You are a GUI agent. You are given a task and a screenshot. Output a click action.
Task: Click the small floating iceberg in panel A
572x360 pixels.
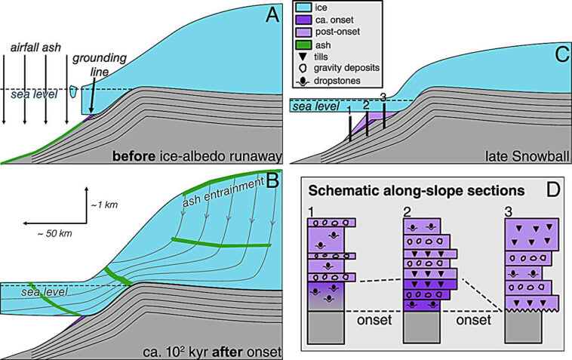pos(72,92)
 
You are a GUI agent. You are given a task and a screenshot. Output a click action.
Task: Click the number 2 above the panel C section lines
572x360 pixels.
pos(367,105)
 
